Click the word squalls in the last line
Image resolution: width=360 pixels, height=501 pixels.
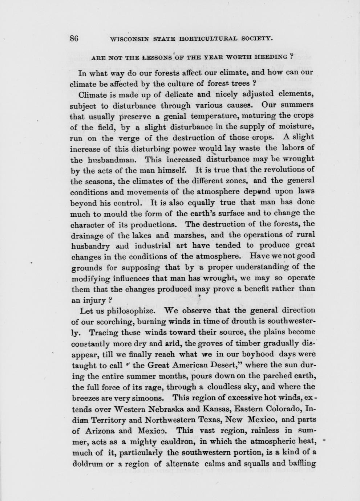[254, 464]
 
